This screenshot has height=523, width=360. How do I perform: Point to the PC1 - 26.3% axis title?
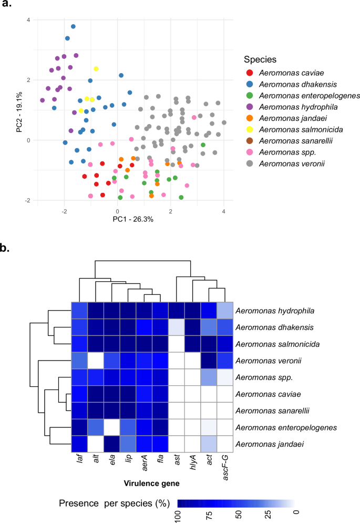click(x=133, y=219)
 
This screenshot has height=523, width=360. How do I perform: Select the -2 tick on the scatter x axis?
click(x=64, y=211)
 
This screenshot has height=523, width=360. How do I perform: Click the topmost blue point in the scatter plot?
click(x=73, y=26)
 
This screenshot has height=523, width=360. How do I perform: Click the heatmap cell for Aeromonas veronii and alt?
click(x=95, y=361)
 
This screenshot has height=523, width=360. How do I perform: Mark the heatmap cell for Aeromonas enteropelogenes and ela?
click(x=111, y=427)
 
